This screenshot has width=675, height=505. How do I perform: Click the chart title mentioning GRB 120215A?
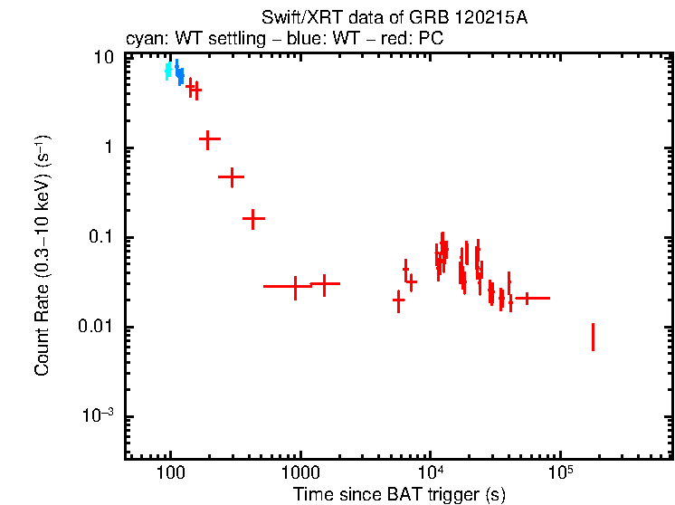pos(394,17)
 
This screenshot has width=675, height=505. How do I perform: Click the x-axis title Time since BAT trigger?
pos(399,494)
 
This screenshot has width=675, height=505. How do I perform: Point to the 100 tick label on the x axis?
pos(170,473)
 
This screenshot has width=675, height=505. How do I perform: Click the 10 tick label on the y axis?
pos(104,59)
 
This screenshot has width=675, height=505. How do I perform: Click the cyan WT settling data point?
pos(168,71)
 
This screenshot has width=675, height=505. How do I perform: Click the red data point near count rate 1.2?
pos(209,139)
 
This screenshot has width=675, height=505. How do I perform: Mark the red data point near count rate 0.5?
pos(233,176)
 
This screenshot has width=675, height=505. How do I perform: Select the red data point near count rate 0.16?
pos(253,218)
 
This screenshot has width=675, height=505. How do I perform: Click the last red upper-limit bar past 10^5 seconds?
pos(593,337)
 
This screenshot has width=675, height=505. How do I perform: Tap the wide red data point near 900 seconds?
pos(295,286)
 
